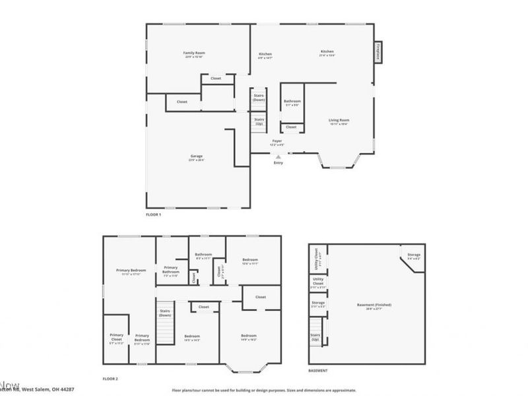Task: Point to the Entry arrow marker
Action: pos(278,157)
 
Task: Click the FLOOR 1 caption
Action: pos(153,214)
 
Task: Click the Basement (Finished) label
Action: pos(374,306)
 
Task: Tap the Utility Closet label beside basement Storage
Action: pos(318,282)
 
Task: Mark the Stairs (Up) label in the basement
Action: pos(316,337)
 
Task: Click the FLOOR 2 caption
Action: pos(110,379)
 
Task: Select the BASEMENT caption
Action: pos(318,370)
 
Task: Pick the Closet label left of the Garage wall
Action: pos(181,102)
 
